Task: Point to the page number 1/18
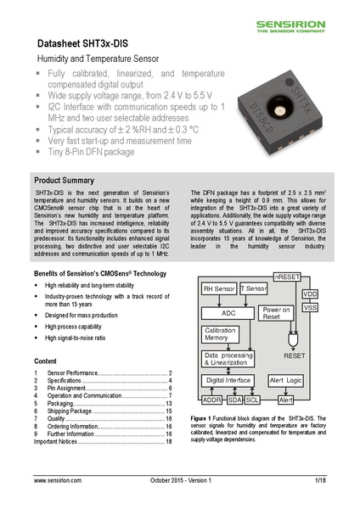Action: pos(319,481)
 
